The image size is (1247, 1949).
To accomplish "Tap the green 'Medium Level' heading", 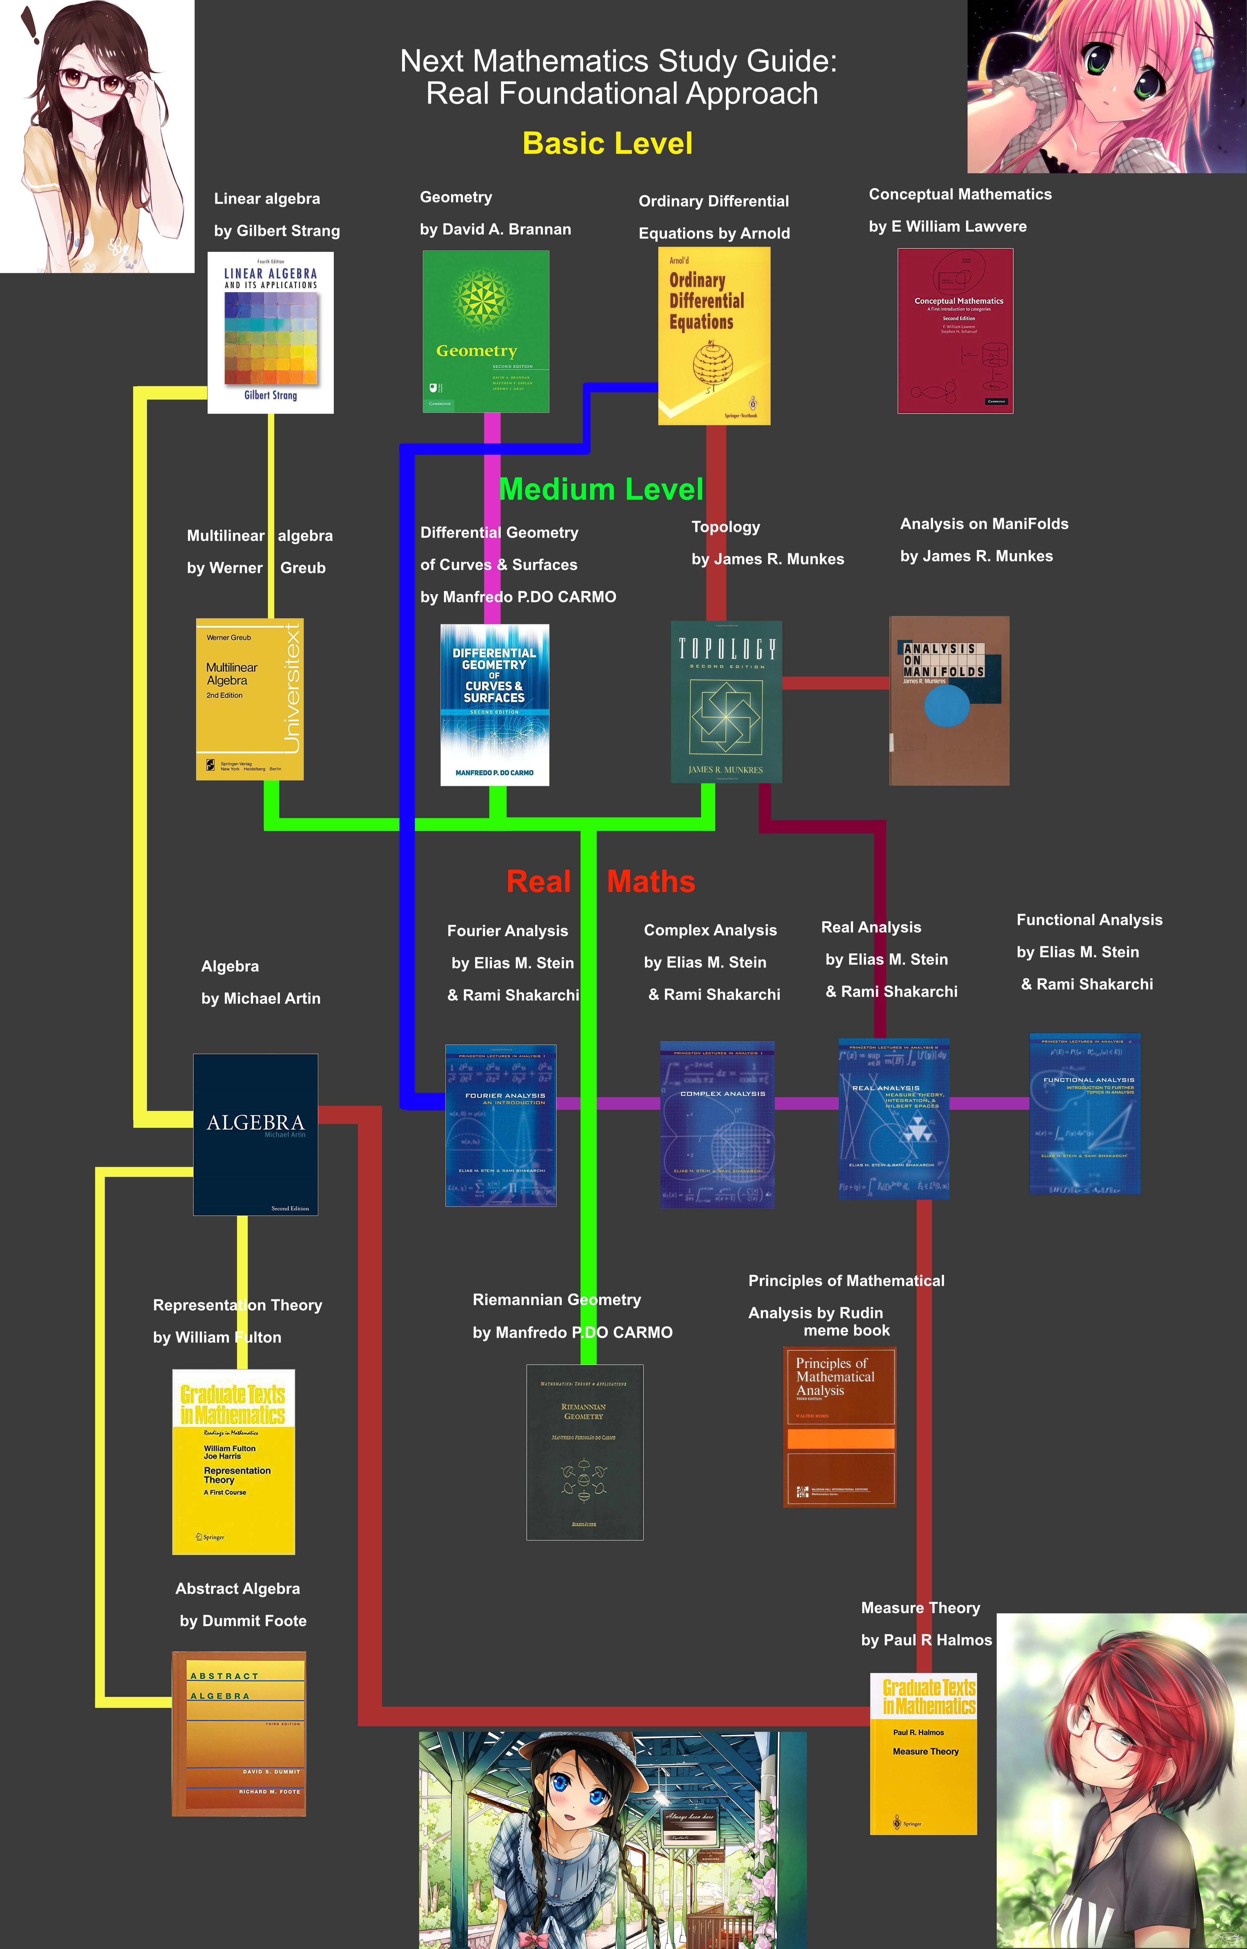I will click(x=601, y=489).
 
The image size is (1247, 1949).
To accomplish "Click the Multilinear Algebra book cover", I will click(x=249, y=699).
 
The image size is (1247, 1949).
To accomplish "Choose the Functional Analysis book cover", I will click(x=1084, y=1114).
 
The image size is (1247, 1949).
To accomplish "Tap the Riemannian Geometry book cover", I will click(x=585, y=1452).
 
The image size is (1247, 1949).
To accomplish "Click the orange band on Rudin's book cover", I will click(x=840, y=1438).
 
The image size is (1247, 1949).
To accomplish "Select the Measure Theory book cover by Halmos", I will click(x=923, y=1753).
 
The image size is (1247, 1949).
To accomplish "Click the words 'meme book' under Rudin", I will click(x=846, y=1331).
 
